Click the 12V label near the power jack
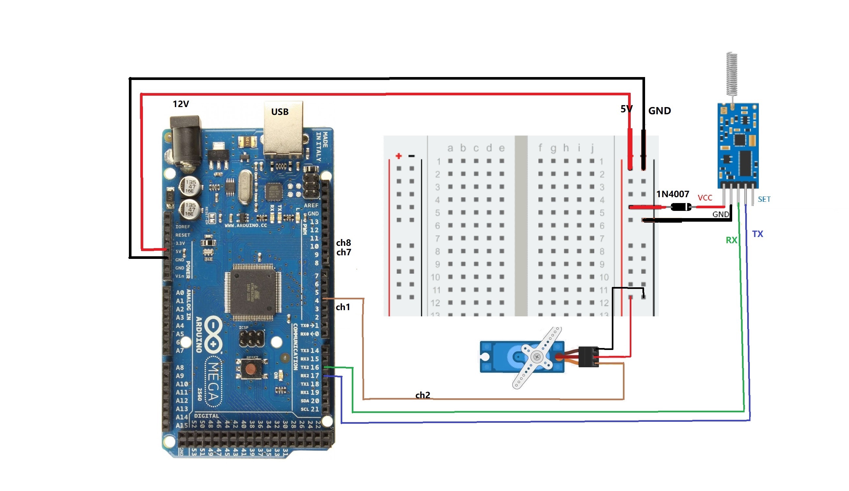181,104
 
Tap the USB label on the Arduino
280,112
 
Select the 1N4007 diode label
672,194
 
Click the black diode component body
681,207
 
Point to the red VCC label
705,198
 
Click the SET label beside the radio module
764,199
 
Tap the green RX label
731,240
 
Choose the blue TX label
757,234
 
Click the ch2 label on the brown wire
423,395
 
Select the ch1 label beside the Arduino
343,307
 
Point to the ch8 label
343,243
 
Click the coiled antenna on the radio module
732,74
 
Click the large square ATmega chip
253,292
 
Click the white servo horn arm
537,357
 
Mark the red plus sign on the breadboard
398,156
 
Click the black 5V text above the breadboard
626,109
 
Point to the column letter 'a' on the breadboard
450,148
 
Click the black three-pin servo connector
588,356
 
